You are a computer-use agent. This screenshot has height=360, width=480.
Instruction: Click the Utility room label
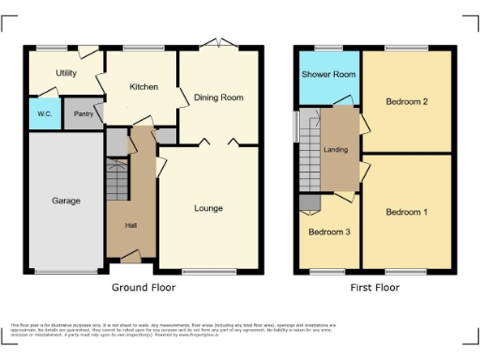click(66, 72)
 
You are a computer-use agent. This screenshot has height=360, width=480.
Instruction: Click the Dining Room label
click(218, 97)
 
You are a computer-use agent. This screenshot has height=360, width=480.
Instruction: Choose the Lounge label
click(208, 207)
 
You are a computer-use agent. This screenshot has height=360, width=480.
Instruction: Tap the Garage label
click(66, 201)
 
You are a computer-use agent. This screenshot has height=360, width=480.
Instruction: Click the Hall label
click(131, 225)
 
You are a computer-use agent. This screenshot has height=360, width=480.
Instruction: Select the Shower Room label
click(327, 75)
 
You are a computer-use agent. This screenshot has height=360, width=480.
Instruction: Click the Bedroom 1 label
click(406, 212)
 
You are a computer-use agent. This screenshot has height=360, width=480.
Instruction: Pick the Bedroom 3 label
click(328, 232)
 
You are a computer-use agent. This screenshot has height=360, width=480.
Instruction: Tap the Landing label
click(336, 150)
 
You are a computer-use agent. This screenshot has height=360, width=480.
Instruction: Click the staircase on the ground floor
click(116, 178)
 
